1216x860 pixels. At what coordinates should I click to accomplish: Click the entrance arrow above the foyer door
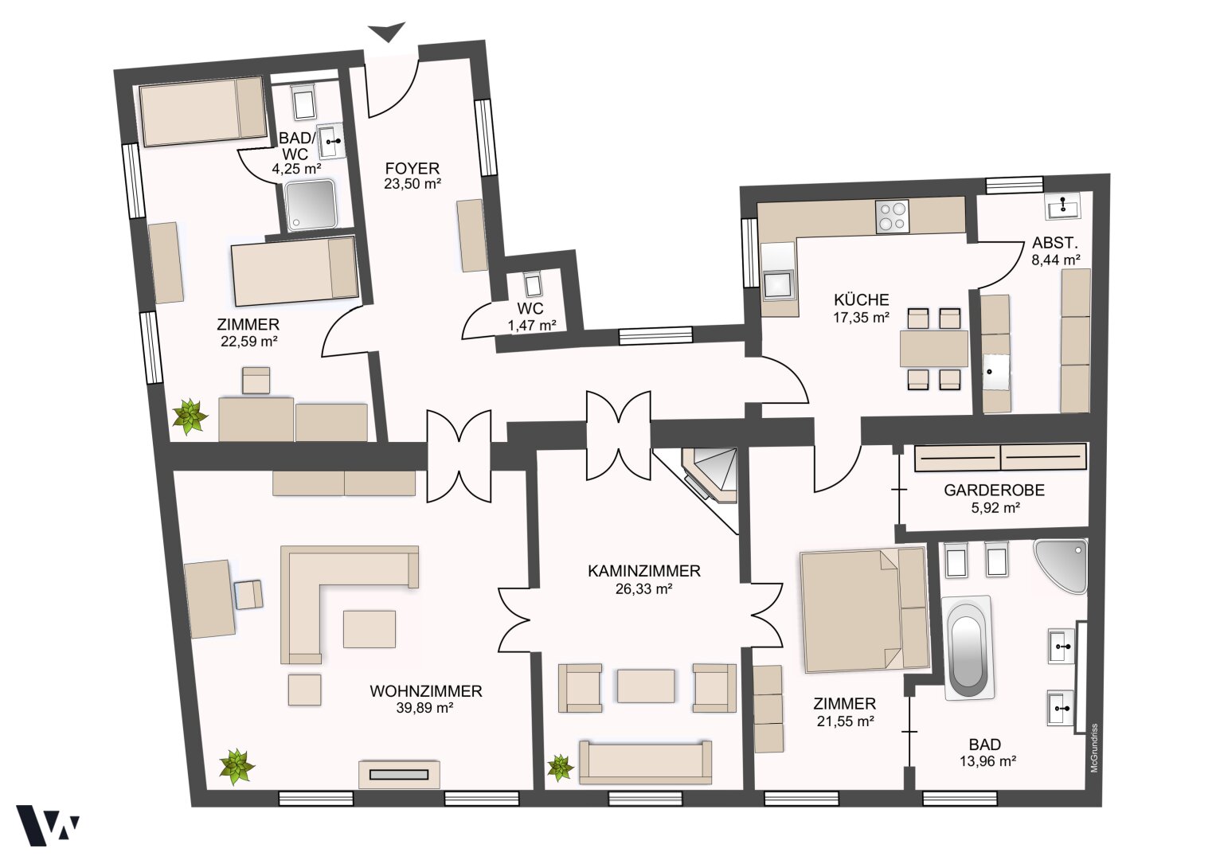[x=387, y=32]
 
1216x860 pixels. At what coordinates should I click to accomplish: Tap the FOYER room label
[x=412, y=168]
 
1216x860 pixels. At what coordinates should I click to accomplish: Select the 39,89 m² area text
[x=425, y=708]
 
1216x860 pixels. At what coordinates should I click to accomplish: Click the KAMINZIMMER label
[x=643, y=571]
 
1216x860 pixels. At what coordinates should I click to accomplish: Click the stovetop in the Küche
[x=893, y=217]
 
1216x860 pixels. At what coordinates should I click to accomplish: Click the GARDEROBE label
[x=994, y=491]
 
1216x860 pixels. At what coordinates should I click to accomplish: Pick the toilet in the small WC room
[x=531, y=283]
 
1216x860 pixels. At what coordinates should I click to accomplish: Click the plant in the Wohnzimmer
[x=237, y=766]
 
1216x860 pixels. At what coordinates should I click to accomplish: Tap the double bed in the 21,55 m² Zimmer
[x=863, y=611]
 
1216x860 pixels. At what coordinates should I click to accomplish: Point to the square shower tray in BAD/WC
[x=311, y=205]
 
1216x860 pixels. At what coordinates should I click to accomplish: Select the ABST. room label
[x=1055, y=242]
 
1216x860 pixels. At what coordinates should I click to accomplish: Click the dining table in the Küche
[x=934, y=349]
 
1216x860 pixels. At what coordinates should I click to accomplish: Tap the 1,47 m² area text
[x=532, y=326]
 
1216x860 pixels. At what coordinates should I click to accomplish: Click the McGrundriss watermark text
[x=1094, y=748]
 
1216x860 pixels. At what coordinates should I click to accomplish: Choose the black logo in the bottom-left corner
[x=47, y=825]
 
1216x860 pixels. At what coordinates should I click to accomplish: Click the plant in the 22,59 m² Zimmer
[x=190, y=416]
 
